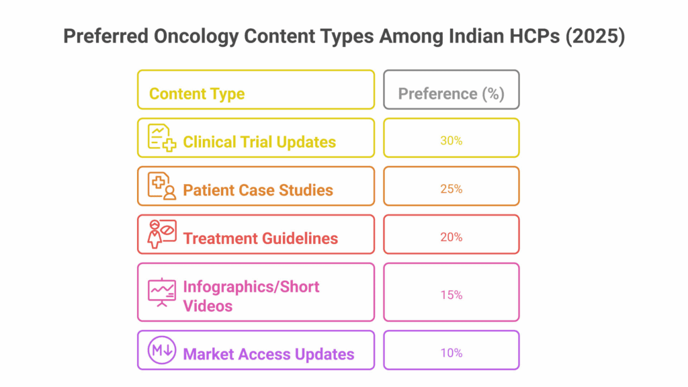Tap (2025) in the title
(595, 36)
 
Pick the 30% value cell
(451, 138)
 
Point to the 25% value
(451, 189)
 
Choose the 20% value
(451, 237)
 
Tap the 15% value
(451, 295)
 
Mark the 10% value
(451, 353)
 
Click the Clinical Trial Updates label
(259, 142)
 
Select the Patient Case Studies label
(258, 190)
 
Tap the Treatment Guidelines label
(260, 239)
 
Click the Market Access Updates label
(269, 355)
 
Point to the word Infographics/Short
(251, 287)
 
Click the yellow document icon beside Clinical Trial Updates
(162, 138)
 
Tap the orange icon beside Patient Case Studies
(162, 186)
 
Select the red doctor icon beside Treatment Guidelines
(162, 234)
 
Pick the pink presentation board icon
(162, 292)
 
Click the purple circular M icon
(162, 350)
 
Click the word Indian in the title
(476, 36)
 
